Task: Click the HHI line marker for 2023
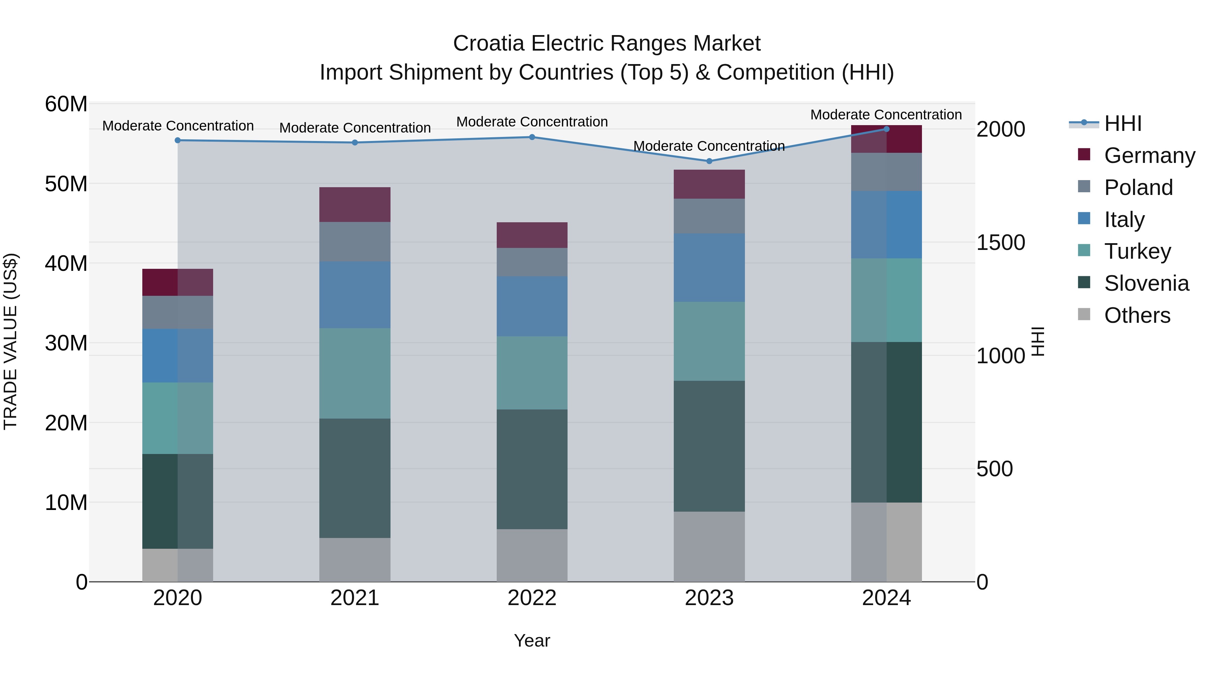[709, 161]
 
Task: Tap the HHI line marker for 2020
[178, 140]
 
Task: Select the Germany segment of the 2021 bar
[355, 205]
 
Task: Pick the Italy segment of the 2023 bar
[709, 268]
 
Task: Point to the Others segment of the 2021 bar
[355, 560]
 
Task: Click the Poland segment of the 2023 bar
[709, 216]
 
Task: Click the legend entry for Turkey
[1137, 251]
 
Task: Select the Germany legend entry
[1149, 155]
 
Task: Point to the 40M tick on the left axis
[66, 263]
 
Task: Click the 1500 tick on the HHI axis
[1000, 243]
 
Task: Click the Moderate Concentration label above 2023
[709, 146]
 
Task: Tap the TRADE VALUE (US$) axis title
[10, 341]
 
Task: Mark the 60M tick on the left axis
[66, 104]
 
